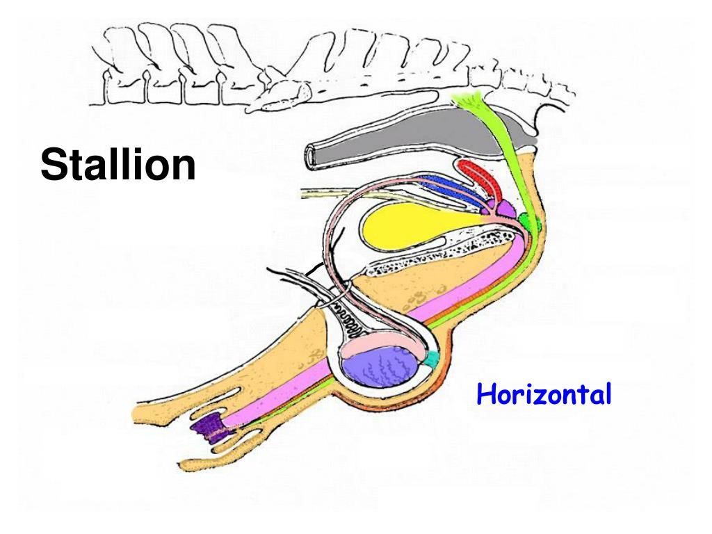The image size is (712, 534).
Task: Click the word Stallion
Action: (x=118, y=165)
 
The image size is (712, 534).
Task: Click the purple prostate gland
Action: (x=505, y=208)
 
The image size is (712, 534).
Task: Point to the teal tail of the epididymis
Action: (x=432, y=359)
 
